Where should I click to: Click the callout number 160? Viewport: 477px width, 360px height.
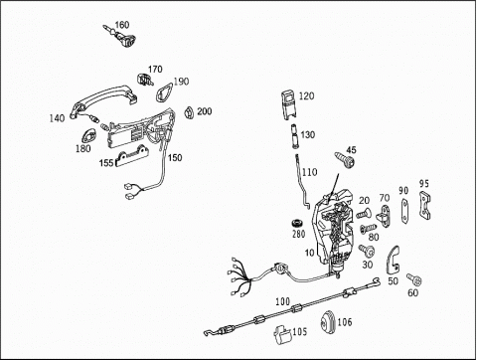click(122, 25)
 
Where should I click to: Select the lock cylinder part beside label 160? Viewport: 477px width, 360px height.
click(121, 37)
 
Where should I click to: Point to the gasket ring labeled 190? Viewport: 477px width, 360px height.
click(164, 91)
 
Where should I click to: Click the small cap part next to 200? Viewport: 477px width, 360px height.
click(189, 112)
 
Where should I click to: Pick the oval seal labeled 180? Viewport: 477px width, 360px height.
click(88, 136)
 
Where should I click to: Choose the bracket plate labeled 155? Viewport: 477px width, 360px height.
click(131, 158)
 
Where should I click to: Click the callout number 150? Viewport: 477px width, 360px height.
click(175, 157)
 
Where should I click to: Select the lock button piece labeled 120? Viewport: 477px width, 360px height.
click(288, 103)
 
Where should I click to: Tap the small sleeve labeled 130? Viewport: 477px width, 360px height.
click(294, 136)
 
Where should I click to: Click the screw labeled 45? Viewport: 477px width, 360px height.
click(345, 160)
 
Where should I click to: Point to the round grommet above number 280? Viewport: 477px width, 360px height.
click(297, 223)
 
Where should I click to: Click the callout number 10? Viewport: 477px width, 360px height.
click(309, 253)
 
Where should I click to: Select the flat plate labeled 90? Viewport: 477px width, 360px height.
click(403, 210)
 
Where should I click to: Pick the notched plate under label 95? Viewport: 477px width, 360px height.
click(424, 205)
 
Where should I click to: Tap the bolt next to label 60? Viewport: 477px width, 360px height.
click(414, 279)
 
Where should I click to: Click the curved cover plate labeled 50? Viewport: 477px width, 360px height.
click(394, 260)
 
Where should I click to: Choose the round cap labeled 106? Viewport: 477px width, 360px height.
click(328, 320)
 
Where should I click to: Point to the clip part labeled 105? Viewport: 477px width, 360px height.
click(282, 334)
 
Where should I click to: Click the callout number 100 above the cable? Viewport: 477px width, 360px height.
click(282, 301)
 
